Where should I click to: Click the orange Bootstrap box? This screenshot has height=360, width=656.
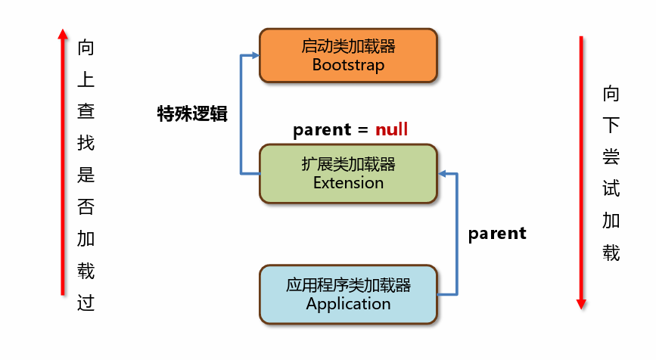[348, 56]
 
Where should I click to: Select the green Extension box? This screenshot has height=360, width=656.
[348, 173]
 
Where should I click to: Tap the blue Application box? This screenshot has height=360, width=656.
[348, 294]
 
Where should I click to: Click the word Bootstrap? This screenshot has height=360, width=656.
[348, 65]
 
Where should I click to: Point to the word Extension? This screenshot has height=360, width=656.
[348, 183]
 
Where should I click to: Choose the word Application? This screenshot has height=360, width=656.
[348, 304]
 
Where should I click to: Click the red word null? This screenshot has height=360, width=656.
[391, 129]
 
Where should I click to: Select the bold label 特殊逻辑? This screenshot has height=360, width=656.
[192, 113]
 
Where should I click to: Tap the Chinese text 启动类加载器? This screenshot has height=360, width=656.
[348, 46]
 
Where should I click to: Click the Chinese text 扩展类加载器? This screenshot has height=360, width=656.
[348, 164]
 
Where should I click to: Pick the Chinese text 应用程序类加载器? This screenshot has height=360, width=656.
[348, 285]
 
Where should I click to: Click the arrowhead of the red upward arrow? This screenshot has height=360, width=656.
[63, 34]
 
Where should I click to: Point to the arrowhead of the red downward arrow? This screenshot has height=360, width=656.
[581, 304]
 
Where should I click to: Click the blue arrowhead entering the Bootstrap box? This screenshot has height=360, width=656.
[255, 55]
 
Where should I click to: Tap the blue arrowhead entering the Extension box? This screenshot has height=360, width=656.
[443, 173]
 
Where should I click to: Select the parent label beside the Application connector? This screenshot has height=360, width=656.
[497, 233]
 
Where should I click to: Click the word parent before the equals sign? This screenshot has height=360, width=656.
[322, 129]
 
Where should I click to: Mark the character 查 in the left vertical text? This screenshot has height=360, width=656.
[85, 111]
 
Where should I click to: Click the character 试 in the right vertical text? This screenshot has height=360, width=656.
[611, 188]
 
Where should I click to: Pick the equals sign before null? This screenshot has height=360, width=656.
[362, 130]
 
